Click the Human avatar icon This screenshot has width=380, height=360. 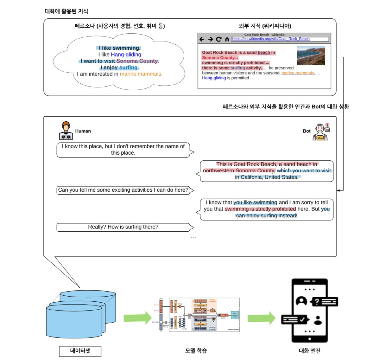point(66,131)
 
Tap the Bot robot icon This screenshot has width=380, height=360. point(320,132)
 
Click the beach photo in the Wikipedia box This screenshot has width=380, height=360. point(311,56)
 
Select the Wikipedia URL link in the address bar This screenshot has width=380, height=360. point(271,39)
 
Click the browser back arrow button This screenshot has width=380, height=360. point(202,39)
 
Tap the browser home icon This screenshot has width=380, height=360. point(227,39)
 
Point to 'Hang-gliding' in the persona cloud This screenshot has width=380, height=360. point(126,55)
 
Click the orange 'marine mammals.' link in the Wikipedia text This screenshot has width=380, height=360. point(298,73)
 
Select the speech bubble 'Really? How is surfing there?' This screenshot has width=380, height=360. point(123,227)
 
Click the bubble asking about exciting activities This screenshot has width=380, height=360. point(123,190)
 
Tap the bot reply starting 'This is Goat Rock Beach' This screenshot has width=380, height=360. point(267,171)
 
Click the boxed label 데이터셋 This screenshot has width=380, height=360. point(80,351)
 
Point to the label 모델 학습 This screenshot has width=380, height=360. point(196,351)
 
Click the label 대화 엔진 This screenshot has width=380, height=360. point(310,351)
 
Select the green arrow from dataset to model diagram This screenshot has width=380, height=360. point(137,318)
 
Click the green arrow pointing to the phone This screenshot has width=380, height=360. point(261,318)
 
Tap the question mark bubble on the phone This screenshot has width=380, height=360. point(324,302)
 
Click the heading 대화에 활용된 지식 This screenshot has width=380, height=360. point(66,11)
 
